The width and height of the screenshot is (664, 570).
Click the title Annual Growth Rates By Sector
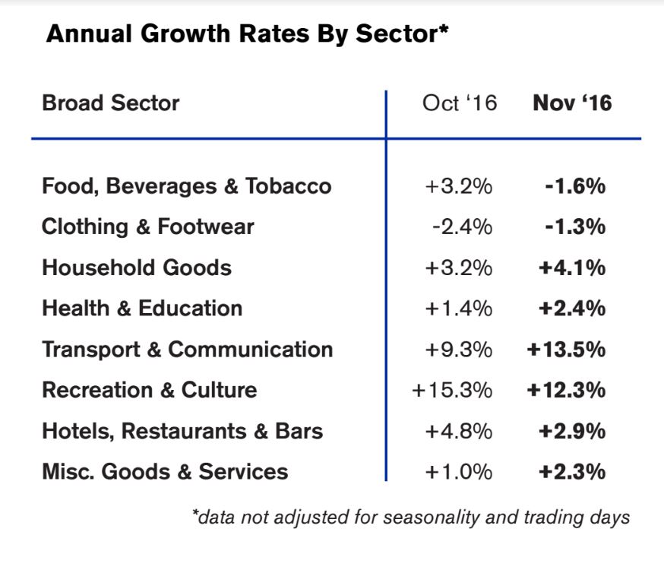tap(248, 34)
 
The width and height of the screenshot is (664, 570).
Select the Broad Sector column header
tap(110, 103)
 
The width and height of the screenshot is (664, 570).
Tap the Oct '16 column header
tap(460, 103)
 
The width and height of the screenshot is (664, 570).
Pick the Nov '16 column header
tap(572, 103)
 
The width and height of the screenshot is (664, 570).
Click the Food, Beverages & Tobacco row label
tap(186, 186)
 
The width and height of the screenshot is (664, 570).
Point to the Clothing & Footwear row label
tap(148, 226)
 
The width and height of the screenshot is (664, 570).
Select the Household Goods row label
tap(137, 268)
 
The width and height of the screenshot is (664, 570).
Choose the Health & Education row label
tap(142, 309)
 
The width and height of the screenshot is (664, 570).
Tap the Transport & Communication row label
tap(187, 350)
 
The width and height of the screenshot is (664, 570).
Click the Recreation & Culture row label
tap(150, 390)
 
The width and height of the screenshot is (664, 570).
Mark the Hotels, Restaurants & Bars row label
tap(182, 431)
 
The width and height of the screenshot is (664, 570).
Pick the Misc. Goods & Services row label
tap(165, 472)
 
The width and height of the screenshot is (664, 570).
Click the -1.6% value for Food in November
tap(576, 186)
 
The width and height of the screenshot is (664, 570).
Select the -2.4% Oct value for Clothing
tap(462, 227)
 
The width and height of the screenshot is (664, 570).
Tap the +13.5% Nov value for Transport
tap(566, 350)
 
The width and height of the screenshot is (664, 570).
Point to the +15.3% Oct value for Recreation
tap(452, 391)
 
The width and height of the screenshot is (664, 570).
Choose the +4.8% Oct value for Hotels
tap(459, 432)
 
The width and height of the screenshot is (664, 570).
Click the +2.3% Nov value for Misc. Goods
tap(572, 472)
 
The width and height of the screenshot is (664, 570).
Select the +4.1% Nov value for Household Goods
tap(572, 268)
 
